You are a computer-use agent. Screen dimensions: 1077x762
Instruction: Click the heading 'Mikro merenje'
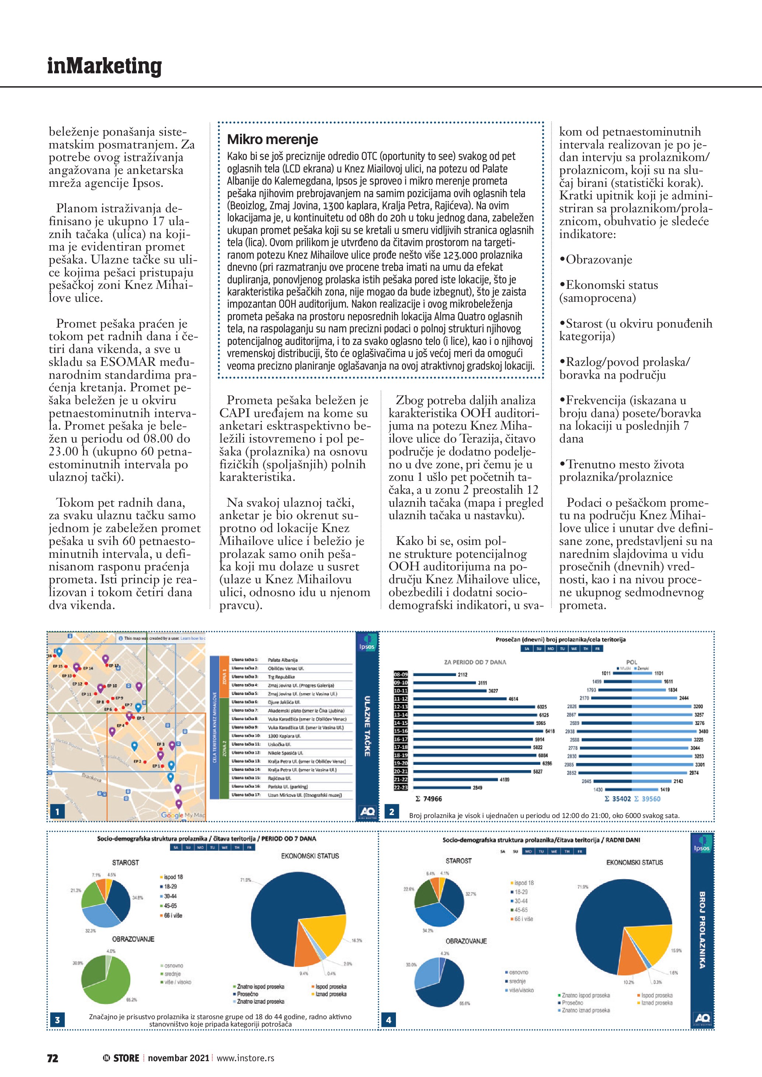[x=272, y=139]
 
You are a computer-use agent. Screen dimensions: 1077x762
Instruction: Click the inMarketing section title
[x=104, y=66]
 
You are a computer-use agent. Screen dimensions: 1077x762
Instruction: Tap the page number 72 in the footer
[x=53, y=1058]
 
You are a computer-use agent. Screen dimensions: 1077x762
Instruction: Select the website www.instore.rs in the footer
[x=246, y=1058]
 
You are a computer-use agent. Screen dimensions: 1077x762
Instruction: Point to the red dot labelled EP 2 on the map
[x=145, y=762]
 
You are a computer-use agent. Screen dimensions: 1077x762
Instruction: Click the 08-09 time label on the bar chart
[x=401, y=675]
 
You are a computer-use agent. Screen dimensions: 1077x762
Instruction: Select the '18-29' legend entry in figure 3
[x=170, y=887]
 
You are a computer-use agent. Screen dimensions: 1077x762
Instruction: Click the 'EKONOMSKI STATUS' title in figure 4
[x=634, y=863]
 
